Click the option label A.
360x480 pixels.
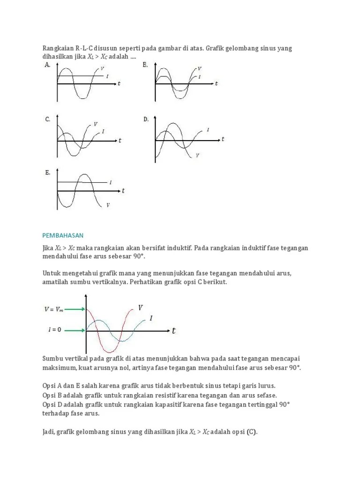[47, 65]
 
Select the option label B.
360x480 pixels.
[146, 65]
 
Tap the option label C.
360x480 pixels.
[47, 120]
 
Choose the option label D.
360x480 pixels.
[146, 120]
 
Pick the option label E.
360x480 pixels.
[47, 172]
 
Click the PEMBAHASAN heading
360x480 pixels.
[63, 234]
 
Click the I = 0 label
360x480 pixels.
[54, 330]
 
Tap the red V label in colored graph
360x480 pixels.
[140, 307]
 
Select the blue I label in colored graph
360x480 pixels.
[151, 318]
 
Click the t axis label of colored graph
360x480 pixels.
[173, 330]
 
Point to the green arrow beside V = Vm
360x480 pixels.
[75, 309]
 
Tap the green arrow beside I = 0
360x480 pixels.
[75, 330]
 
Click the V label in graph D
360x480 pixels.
[197, 155]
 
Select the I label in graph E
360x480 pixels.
[111, 182]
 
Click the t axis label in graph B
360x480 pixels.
[216, 84]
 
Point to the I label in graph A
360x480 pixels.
[107, 76]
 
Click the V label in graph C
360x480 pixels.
[95, 124]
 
